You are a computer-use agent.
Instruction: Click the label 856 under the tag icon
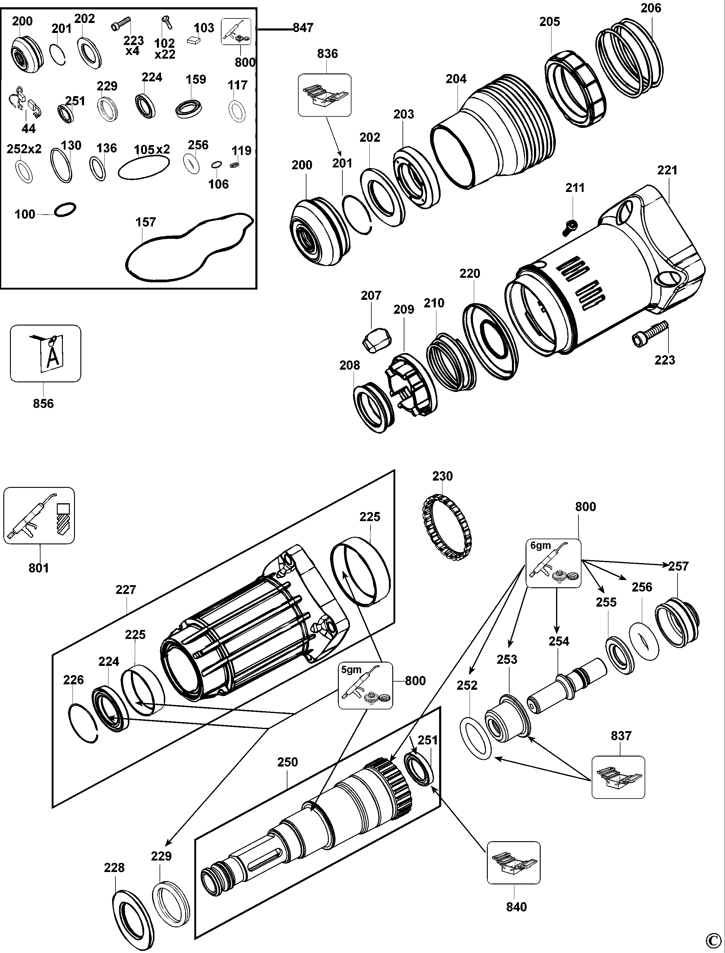click(44, 403)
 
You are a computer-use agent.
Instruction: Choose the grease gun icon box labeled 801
click(39, 515)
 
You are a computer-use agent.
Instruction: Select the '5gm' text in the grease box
click(351, 669)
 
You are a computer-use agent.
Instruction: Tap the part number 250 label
click(287, 762)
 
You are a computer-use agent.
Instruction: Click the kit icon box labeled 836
click(325, 95)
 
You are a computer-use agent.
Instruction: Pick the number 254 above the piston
click(559, 641)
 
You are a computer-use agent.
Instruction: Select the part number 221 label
click(667, 170)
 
